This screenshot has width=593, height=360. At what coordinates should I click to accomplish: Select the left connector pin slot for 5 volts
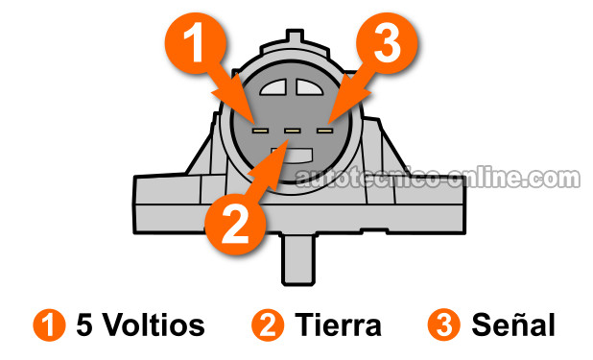pyautogui.click(x=260, y=127)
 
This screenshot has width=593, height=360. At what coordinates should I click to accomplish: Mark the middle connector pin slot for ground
pyautogui.click(x=292, y=128)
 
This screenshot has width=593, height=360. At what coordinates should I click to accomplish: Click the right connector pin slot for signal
pyautogui.click(x=323, y=127)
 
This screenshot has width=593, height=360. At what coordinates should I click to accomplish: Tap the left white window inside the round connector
pyautogui.click(x=273, y=88)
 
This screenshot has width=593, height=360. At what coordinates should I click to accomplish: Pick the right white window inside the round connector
pyautogui.click(x=311, y=88)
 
